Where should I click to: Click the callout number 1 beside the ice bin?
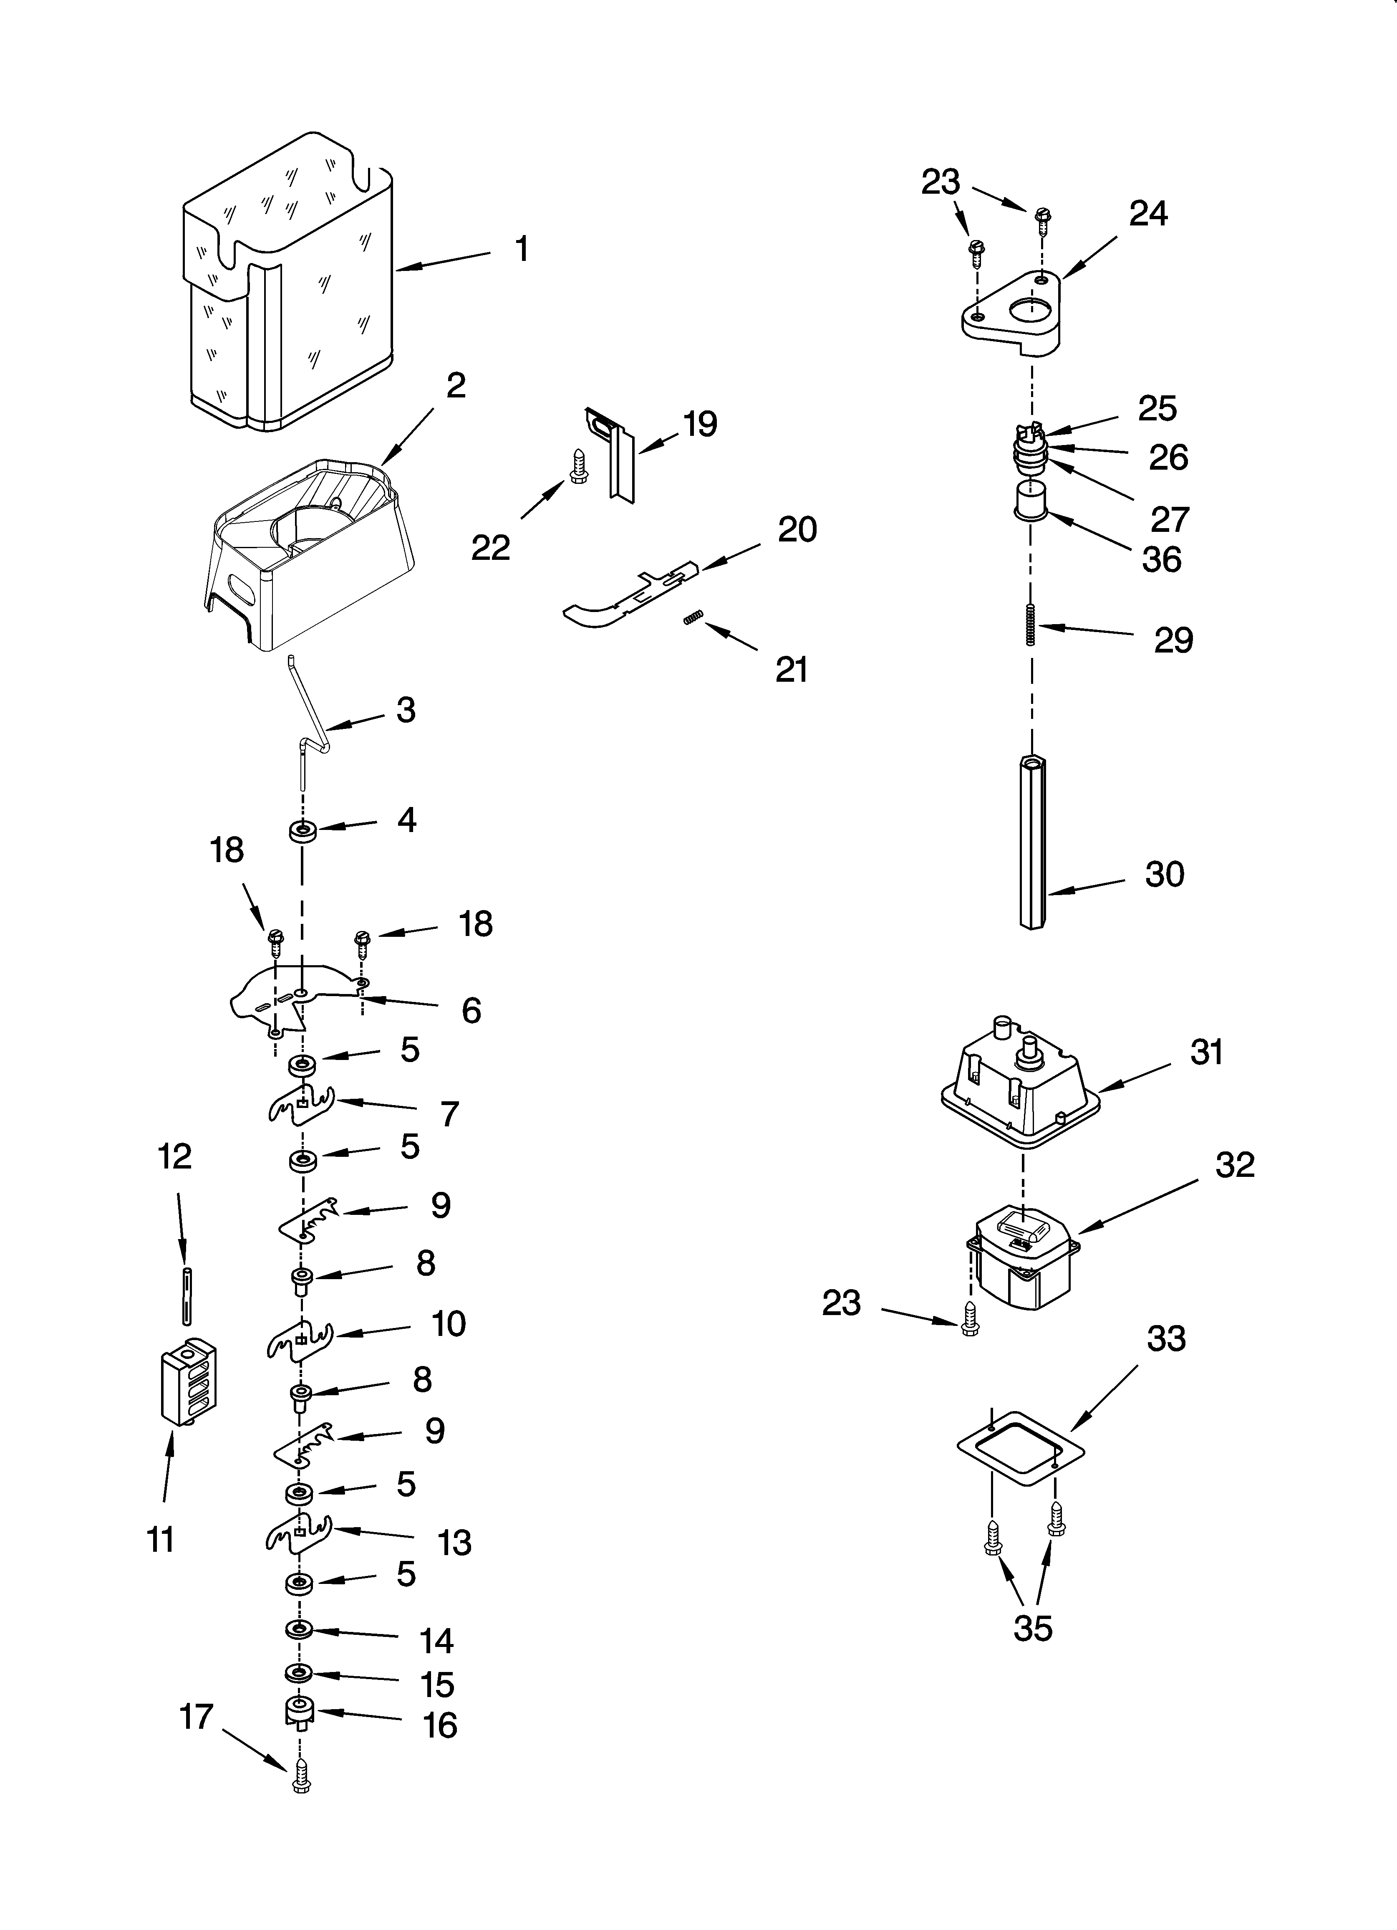coord(522,249)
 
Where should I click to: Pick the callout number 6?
coord(471,1010)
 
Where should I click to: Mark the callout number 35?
coord(1033,1628)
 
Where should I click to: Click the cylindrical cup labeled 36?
coord(1029,498)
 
